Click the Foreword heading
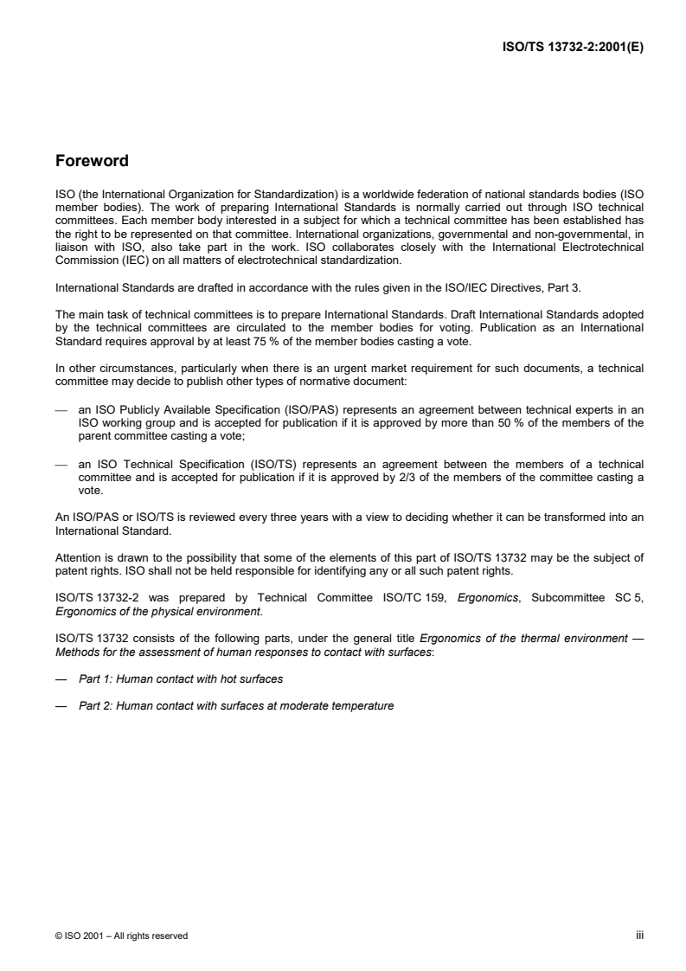93,161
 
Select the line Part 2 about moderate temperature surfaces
236,705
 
